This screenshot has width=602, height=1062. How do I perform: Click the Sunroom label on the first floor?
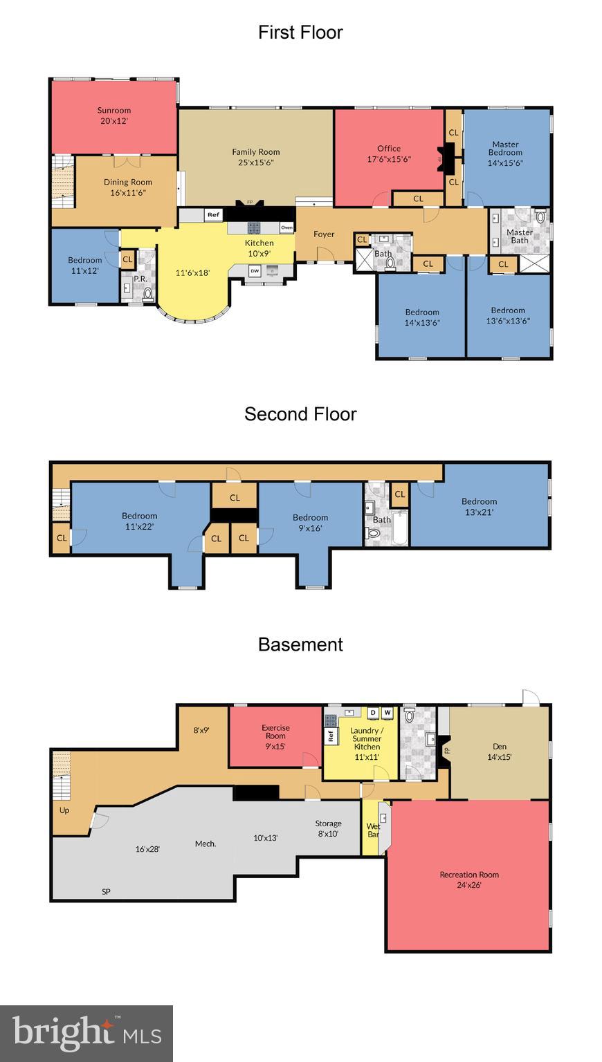tap(113, 111)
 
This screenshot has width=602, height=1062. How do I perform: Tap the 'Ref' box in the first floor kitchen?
tap(213, 215)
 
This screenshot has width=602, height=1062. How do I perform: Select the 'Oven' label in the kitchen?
tap(286, 227)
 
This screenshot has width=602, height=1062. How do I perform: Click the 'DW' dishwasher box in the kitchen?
tap(255, 271)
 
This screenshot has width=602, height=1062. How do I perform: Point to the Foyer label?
tap(324, 234)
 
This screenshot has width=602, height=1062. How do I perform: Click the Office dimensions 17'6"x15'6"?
tap(389, 158)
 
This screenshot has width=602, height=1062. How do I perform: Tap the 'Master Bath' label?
tap(519, 236)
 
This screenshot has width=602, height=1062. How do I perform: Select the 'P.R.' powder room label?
tap(139, 279)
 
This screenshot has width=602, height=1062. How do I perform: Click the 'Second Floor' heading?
tap(300, 414)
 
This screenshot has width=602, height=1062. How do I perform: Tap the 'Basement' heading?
tap(300, 644)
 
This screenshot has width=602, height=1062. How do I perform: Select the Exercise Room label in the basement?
tap(275, 732)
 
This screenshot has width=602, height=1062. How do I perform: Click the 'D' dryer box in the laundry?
tap(373, 712)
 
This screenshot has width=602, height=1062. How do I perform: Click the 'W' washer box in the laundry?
tap(387, 712)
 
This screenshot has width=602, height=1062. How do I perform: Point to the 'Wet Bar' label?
tap(373, 830)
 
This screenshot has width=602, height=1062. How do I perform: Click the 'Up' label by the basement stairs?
tap(64, 810)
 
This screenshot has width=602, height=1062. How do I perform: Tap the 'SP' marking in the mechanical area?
tap(106, 891)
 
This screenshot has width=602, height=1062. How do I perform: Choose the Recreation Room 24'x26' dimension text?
tap(468, 884)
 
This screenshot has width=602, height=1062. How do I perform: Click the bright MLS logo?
tap(86, 1033)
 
